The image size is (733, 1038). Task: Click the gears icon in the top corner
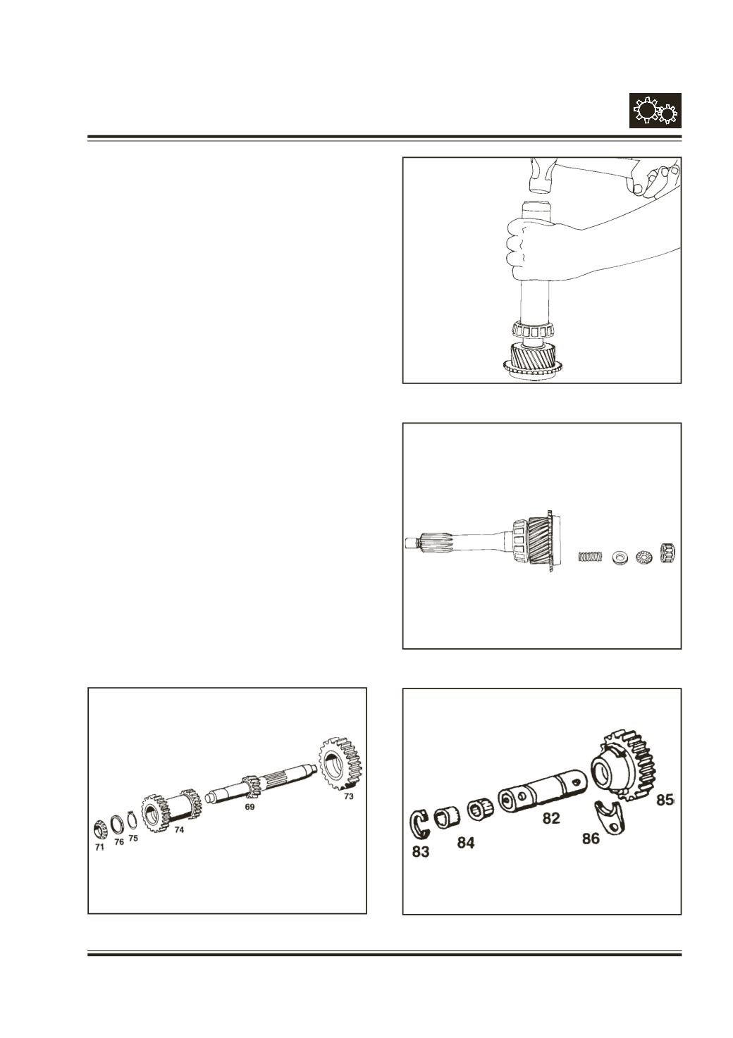[x=655, y=111]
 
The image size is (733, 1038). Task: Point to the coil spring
[x=591, y=555]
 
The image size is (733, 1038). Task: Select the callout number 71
[x=99, y=847]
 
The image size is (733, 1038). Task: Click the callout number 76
[x=119, y=842]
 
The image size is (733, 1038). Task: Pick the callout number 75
[x=133, y=839]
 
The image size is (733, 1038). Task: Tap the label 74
[x=179, y=830]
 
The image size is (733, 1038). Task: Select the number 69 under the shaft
[x=250, y=807]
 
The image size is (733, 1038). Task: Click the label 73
[x=348, y=796]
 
